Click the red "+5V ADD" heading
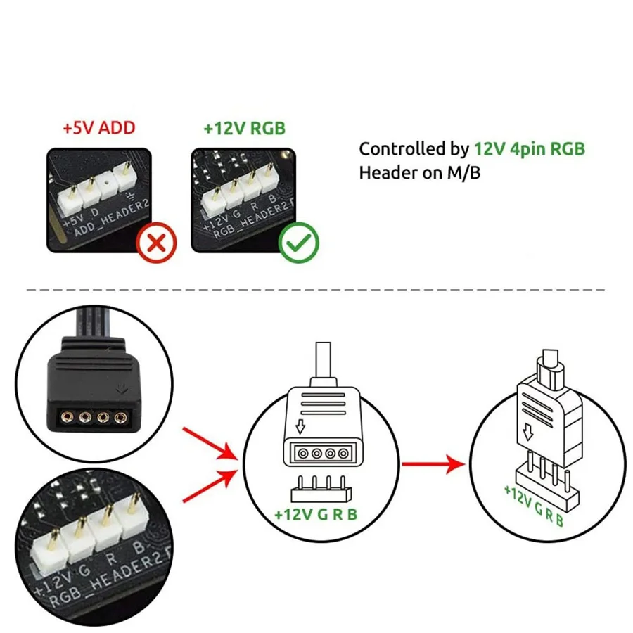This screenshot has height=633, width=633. [x=98, y=129]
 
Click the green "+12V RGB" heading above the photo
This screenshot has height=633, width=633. [x=245, y=129]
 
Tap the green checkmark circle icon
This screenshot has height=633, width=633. [x=299, y=243]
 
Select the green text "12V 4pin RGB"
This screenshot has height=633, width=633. [x=529, y=148]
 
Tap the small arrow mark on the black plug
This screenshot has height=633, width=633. [x=124, y=387]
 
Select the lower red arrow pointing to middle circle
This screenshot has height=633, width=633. [x=211, y=485]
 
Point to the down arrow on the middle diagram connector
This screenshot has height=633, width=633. [x=300, y=427]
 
